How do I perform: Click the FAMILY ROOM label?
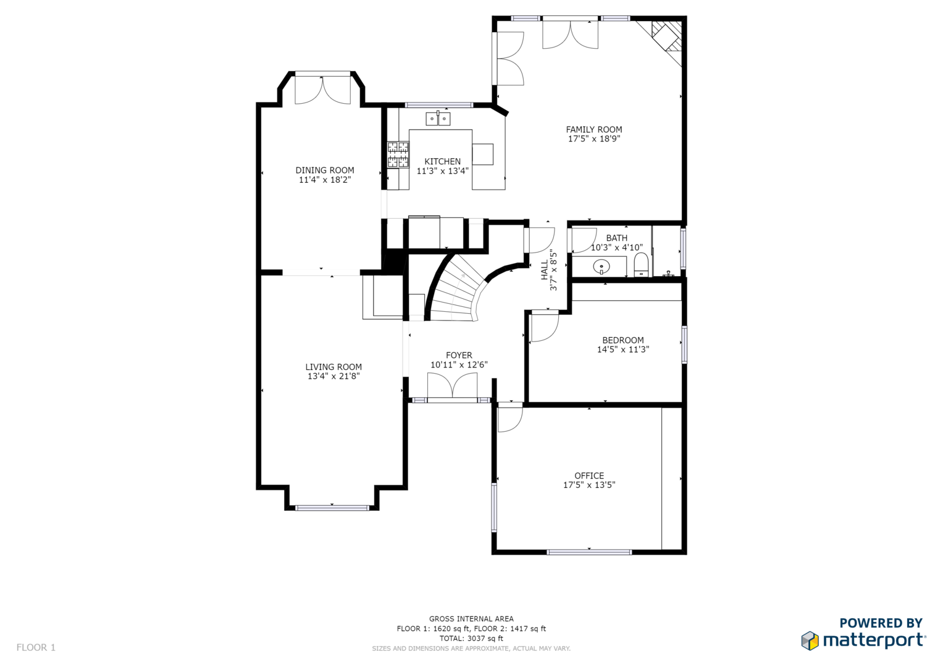coord(593,130)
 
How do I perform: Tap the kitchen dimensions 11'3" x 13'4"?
coord(442,171)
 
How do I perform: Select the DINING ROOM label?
coord(325,170)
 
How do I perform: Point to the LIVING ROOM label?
coord(333,367)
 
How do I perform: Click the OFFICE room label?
coord(589,476)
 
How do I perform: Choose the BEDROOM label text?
coord(622,340)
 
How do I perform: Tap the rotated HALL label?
coord(545,270)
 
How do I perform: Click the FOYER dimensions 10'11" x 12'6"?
coord(459,364)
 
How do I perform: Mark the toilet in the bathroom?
coord(641,264)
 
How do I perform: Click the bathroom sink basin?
coord(601,267)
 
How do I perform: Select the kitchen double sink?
coord(438,119)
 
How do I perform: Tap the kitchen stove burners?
coord(398,154)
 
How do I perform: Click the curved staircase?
coord(457,290)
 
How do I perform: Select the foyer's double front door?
coord(453,387)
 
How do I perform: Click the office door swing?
coord(510,419)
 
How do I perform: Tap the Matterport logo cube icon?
coord(810,640)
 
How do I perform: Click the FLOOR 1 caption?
coord(36,648)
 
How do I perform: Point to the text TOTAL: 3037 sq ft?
coord(471,639)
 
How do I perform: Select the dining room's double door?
coord(322,90)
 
